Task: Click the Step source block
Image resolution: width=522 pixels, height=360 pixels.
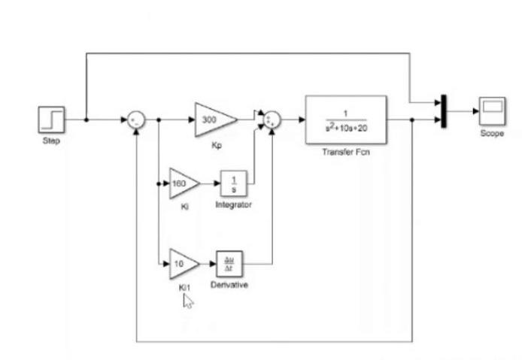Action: pos(52,119)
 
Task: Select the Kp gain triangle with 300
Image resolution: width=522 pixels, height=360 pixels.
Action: pos(214,119)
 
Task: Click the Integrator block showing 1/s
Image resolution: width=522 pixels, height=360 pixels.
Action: pos(233,183)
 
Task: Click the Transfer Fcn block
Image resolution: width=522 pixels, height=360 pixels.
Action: pos(345,119)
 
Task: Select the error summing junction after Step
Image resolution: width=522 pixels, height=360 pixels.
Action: pos(136,119)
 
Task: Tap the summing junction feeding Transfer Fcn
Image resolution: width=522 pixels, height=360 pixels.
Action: pos(271,119)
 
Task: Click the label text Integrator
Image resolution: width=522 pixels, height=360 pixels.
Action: pos(233,205)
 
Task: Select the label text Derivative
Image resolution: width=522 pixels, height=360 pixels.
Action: pos(231,286)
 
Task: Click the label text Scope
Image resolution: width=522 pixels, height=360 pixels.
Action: pos(492,134)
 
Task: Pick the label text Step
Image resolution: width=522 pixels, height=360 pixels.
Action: pos(51,140)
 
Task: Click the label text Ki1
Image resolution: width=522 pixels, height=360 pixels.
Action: pos(181,287)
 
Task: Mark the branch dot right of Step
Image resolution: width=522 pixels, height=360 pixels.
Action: pos(86,119)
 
